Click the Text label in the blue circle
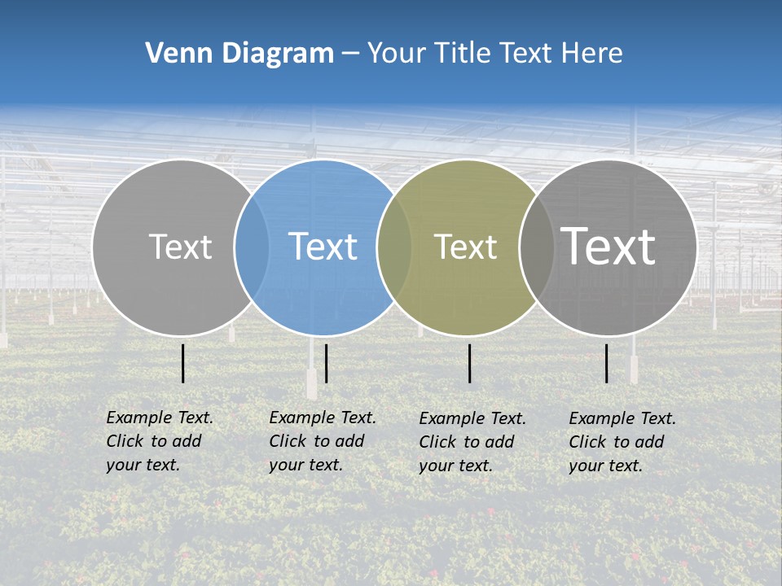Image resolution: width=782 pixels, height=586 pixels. point(323,247)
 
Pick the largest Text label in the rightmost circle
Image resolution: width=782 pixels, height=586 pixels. point(608,247)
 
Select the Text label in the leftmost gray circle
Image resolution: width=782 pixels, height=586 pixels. point(181,247)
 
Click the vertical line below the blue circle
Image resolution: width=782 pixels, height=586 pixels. point(326,363)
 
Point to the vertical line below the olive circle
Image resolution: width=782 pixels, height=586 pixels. point(470,363)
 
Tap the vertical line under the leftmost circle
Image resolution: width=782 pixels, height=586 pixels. point(183,363)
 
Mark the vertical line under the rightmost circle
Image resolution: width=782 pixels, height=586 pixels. point(607,363)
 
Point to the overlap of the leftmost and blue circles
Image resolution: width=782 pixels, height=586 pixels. point(252,247)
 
